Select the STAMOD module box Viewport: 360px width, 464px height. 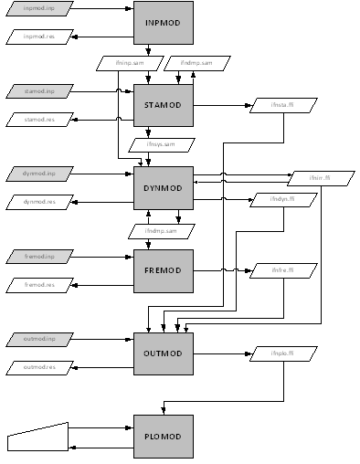(164, 105)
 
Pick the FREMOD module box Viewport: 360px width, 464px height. (164, 270)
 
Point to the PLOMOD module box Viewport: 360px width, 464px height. (164, 436)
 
